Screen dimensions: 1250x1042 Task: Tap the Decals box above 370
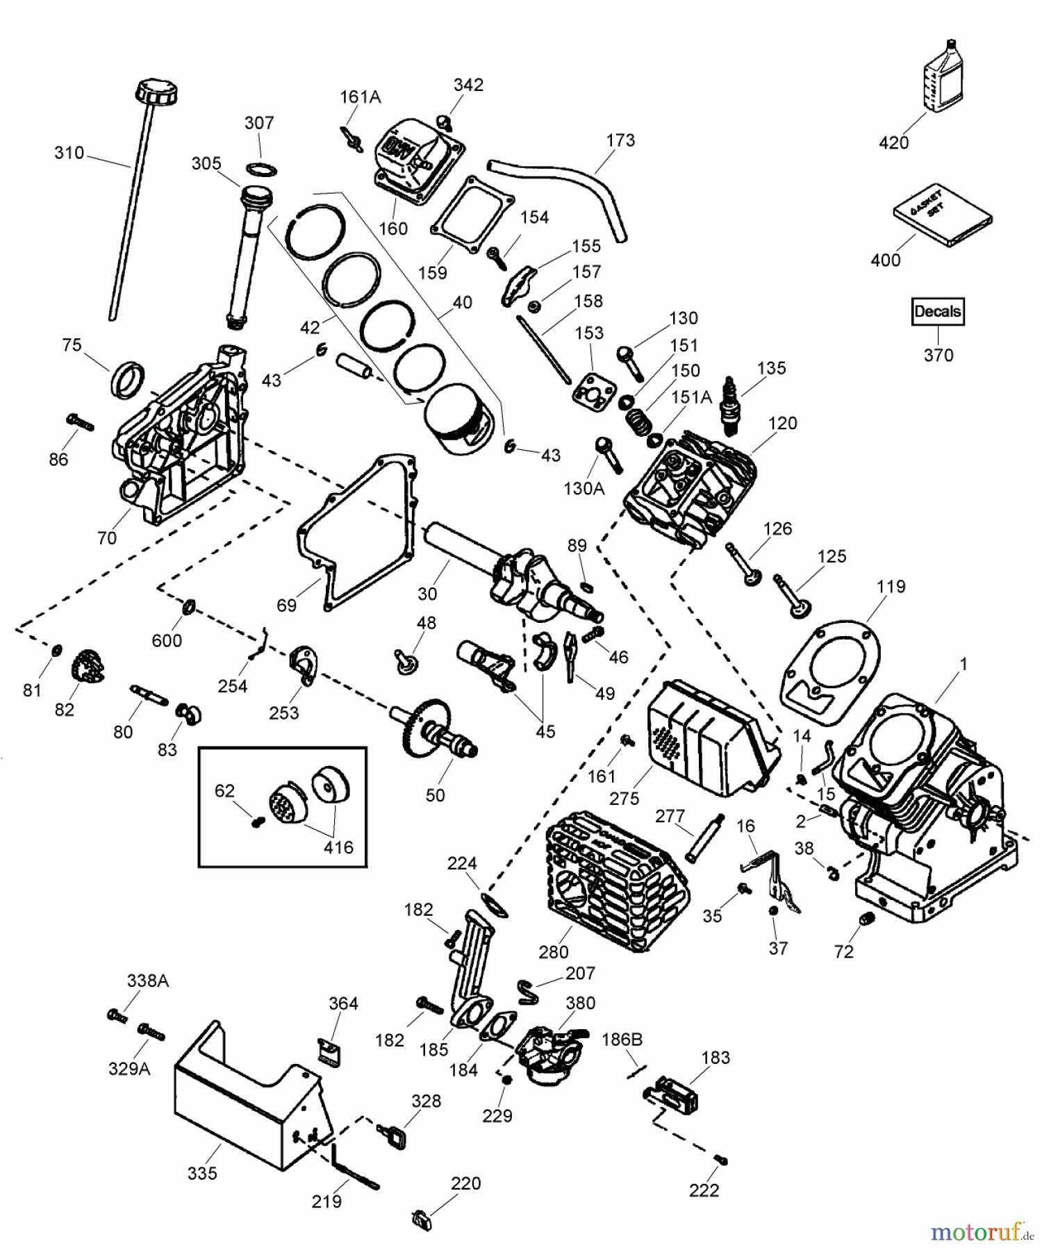[937, 312]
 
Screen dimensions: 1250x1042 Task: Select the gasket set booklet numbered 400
[943, 215]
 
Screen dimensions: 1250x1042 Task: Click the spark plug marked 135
[729, 405]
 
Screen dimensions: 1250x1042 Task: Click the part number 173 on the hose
[620, 140]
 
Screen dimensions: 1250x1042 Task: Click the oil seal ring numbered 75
[129, 380]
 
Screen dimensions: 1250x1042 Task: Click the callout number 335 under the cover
[202, 1174]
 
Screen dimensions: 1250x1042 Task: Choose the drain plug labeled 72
[866, 919]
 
